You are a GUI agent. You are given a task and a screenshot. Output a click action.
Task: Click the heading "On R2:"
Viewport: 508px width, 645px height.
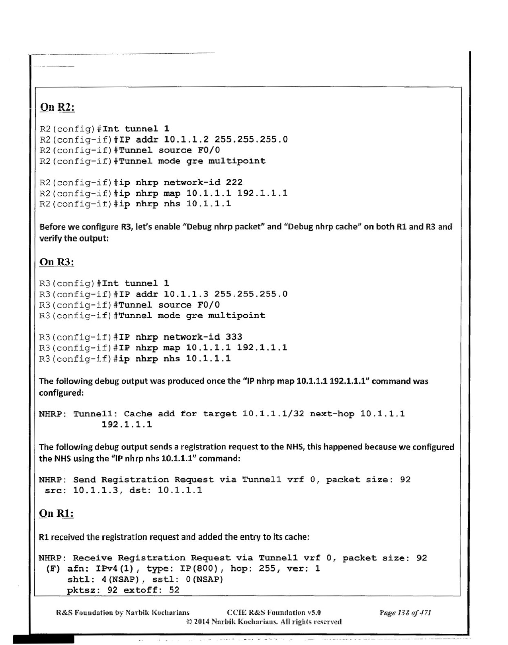coord(57,107)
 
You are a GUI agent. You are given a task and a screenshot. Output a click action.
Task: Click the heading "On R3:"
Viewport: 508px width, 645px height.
coord(57,262)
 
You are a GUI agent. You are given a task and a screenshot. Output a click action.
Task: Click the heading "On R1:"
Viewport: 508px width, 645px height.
coord(56,513)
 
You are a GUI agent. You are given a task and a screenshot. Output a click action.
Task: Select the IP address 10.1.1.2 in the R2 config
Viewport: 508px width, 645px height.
coord(186,139)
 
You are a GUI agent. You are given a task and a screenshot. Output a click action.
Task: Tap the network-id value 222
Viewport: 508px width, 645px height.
coord(234,182)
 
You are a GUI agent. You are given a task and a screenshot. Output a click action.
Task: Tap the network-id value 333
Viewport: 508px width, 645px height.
coord(234,337)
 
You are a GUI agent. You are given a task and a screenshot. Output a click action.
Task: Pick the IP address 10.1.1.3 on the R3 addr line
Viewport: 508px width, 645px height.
coord(186,294)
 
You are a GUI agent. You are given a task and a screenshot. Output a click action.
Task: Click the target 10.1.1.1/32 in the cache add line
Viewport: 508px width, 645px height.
coord(273,414)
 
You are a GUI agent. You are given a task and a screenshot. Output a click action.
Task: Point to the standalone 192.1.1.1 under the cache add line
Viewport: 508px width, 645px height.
coord(127,424)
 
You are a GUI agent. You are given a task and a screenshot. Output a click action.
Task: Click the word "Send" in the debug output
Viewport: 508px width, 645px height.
coord(84,480)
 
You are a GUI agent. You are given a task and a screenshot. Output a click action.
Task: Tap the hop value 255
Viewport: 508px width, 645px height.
coord(267,568)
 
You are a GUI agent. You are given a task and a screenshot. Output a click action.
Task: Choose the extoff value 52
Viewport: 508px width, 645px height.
coord(174,590)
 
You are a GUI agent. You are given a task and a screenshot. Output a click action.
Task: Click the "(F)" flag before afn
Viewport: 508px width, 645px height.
coord(53,568)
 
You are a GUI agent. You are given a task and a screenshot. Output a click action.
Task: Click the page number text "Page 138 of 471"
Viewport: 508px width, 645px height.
coord(405,613)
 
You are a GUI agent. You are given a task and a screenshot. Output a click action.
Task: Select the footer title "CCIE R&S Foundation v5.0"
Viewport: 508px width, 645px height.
coord(274,613)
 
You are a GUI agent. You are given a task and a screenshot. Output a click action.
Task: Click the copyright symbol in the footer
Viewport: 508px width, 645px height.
coord(189,622)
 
